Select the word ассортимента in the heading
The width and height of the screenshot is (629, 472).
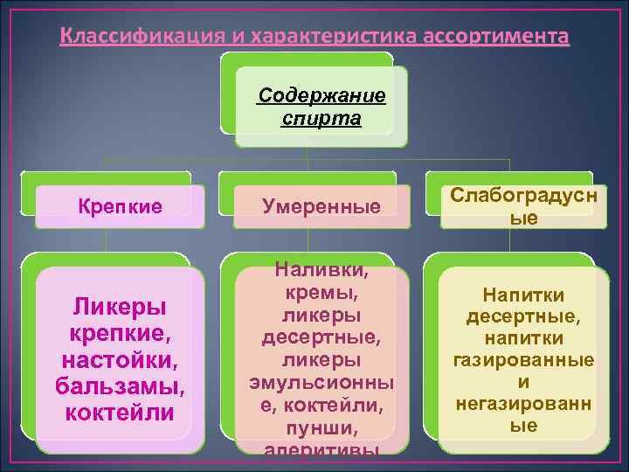point(495,38)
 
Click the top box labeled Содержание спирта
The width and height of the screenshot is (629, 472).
point(321,106)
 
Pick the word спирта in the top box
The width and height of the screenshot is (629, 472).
point(321,118)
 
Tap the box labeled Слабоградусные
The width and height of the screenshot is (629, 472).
point(523,207)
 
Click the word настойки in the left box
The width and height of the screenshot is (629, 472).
point(121,359)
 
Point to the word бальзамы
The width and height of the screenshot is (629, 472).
point(121,385)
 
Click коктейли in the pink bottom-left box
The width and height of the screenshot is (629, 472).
point(121,412)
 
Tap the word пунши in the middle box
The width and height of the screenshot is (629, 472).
point(315,428)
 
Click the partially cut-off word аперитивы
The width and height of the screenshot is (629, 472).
point(315,450)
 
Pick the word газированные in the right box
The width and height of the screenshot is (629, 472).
point(523,360)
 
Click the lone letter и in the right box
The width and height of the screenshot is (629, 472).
point(523,382)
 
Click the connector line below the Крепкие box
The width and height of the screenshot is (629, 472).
point(106,240)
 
